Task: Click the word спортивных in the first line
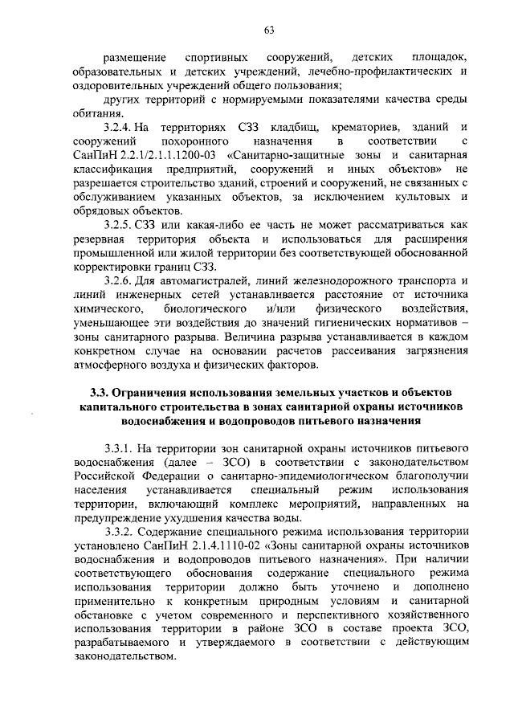(x=214, y=58)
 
